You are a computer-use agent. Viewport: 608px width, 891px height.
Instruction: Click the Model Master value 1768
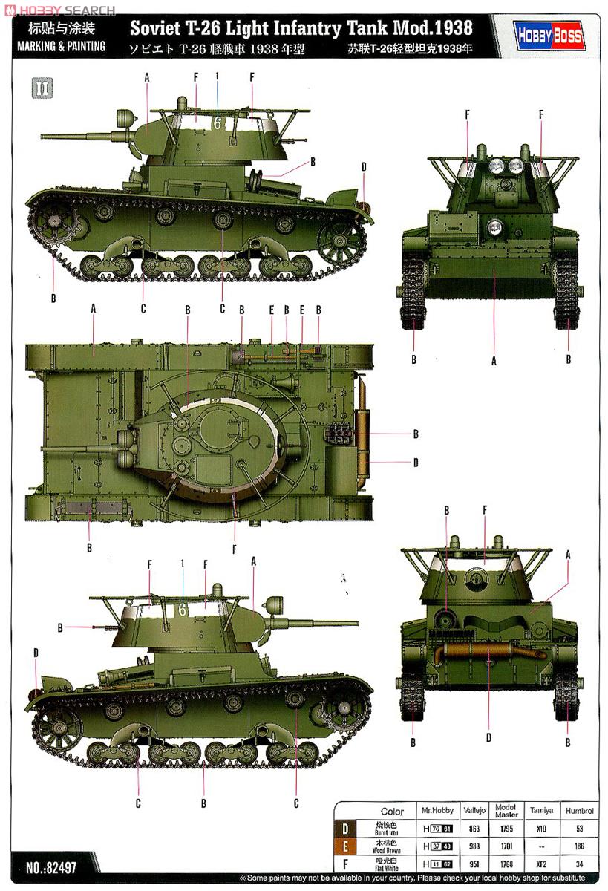pyautogui.click(x=507, y=864)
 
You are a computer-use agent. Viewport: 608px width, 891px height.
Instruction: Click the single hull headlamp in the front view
pyautogui.click(x=494, y=225)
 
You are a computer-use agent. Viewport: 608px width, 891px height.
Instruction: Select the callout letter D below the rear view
pyautogui.click(x=488, y=737)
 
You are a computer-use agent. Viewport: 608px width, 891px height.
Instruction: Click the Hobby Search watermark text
pyautogui.click(x=59, y=10)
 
